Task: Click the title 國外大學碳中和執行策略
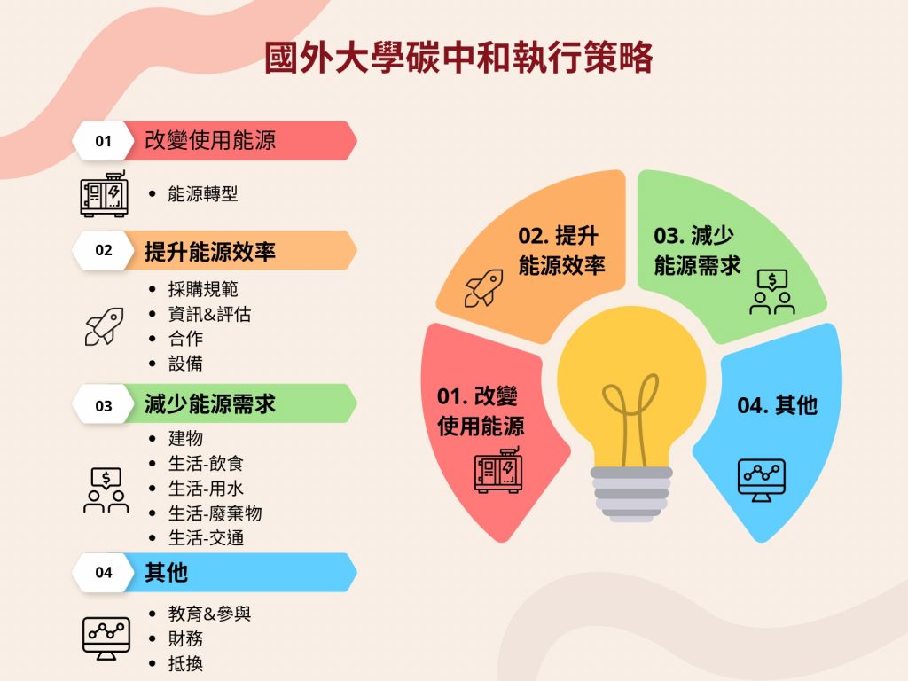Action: click(x=458, y=58)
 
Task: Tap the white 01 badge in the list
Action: click(x=103, y=141)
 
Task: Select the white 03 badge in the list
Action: click(x=103, y=405)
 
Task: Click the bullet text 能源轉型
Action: click(x=203, y=193)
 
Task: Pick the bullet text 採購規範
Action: click(x=203, y=288)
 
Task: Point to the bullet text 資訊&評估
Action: click(x=209, y=314)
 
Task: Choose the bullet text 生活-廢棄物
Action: click(x=215, y=513)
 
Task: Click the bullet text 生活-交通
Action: click(x=206, y=538)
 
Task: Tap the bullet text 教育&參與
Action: click(x=209, y=614)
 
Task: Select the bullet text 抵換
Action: click(x=185, y=663)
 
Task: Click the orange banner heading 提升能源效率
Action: click(x=209, y=251)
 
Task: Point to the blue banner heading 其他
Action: click(x=166, y=572)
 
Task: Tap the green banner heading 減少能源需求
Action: click(x=209, y=403)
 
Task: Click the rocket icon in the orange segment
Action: click(x=483, y=288)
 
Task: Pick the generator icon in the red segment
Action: click(x=498, y=470)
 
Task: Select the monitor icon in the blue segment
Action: click(x=762, y=480)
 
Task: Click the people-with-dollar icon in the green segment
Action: click(x=772, y=292)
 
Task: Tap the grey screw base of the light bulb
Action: click(x=631, y=494)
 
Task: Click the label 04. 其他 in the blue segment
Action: click(x=777, y=405)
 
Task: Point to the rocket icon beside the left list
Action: click(x=105, y=326)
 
